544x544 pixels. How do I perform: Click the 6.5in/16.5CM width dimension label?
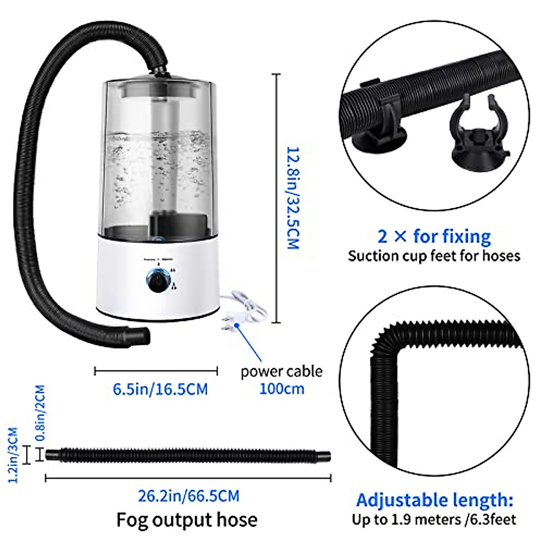click(x=160, y=389)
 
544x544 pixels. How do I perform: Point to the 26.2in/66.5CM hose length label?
click(x=189, y=495)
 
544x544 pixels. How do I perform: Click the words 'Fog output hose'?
click(x=187, y=520)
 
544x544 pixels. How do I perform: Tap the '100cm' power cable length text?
click(x=282, y=389)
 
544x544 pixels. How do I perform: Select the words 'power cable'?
click(x=282, y=371)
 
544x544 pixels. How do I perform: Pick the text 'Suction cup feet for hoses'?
click(x=434, y=256)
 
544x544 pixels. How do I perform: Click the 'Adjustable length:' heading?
click(x=434, y=500)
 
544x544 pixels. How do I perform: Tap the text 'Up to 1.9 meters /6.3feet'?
click(x=434, y=519)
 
